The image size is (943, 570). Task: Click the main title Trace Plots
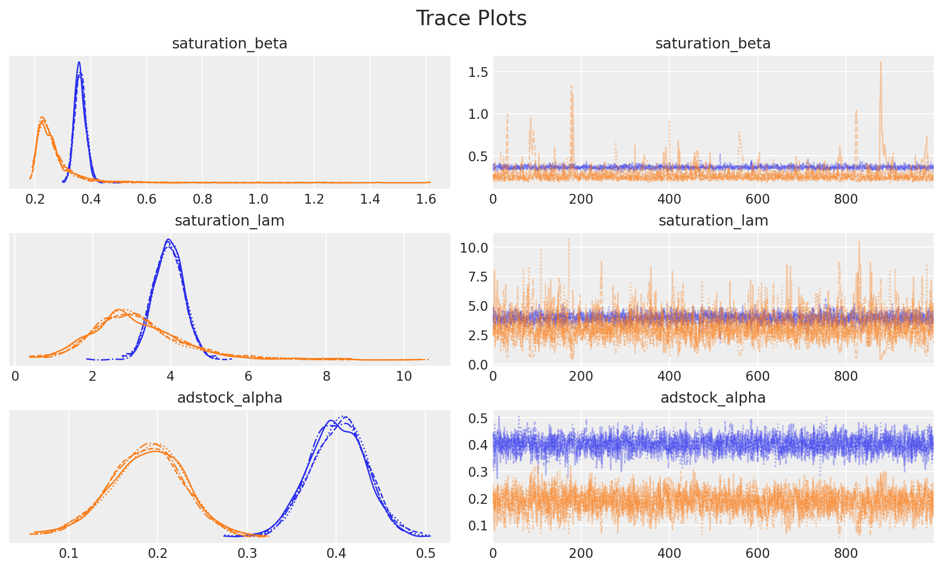pos(471,19)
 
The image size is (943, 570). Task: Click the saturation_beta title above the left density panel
pos(229,44)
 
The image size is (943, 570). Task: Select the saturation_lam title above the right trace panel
pos(713,221)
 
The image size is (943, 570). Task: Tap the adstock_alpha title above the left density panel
pos(229,398)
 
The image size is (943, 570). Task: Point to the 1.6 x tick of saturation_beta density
pos(426,199)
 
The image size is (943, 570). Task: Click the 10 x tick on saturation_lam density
pos(404,377)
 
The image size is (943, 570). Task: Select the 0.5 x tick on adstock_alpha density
pos(425,554)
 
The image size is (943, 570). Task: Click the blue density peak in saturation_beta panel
pos(79,62)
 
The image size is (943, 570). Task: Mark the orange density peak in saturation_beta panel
pos(42,117)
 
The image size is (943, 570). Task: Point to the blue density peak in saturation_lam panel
pos(168,240)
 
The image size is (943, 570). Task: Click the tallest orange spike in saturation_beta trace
pos(881,62)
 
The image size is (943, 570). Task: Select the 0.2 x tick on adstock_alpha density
pos(158,554)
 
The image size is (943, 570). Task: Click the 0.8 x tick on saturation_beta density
pos(202,199)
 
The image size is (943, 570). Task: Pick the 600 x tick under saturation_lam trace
pos(757,377)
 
